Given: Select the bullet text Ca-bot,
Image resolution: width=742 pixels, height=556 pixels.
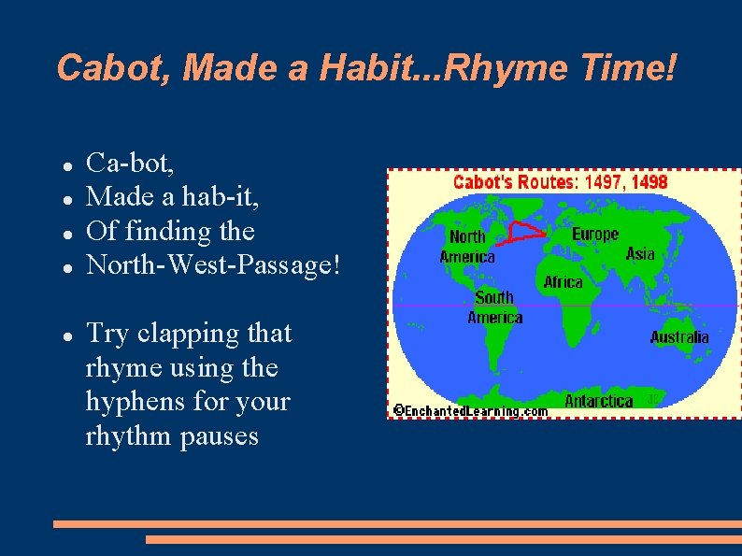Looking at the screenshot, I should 130,164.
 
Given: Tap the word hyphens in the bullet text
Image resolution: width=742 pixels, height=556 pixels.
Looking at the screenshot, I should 136,402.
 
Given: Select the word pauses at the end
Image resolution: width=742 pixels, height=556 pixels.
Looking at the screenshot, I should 213,435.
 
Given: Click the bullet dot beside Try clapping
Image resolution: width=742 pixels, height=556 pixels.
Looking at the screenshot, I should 68,335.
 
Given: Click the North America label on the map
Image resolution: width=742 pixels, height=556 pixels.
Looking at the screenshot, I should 467,247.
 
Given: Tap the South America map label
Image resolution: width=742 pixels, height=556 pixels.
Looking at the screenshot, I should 494,307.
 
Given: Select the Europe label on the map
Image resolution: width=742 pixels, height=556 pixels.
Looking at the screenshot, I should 595,234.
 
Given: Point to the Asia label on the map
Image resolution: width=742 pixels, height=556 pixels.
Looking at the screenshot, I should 640,254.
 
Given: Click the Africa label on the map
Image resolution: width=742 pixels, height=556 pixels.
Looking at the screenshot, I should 564,281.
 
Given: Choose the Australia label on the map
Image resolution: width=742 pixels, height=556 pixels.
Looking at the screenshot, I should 679,337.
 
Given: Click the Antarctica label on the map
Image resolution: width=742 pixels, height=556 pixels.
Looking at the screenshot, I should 599,401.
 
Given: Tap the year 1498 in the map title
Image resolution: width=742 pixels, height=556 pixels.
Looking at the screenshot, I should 649,181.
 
